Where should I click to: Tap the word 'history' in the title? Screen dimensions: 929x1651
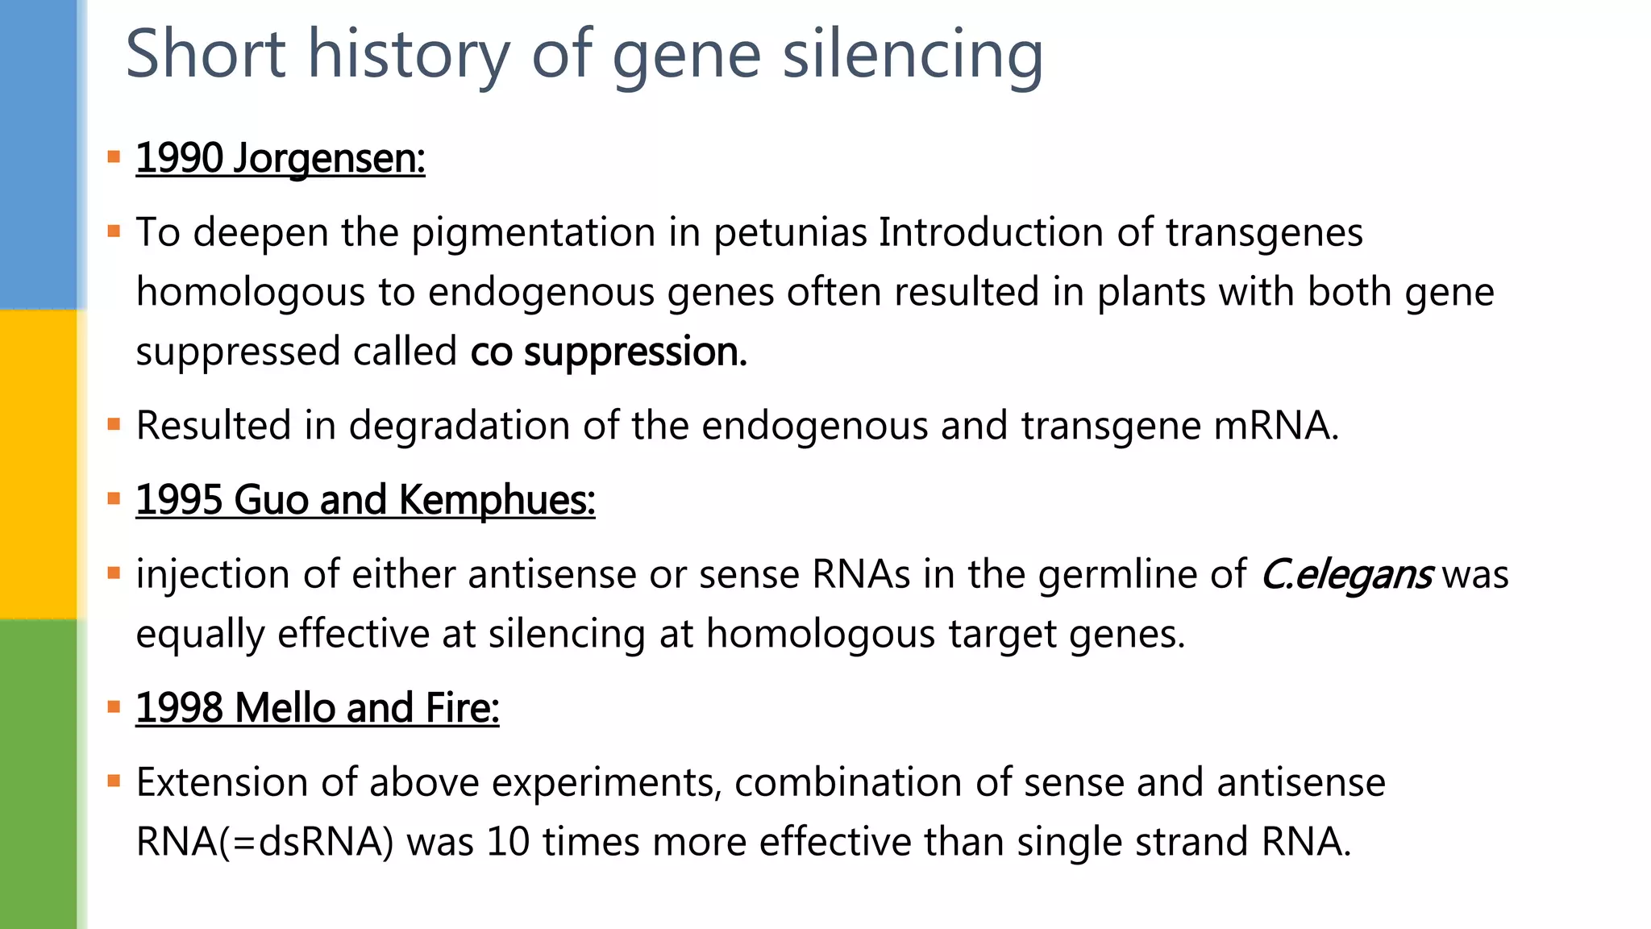(409, 55)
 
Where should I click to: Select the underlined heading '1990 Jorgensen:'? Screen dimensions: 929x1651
(280, 158)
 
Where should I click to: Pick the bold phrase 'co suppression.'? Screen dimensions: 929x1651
(609, 352)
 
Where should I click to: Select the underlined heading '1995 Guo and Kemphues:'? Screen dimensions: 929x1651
(365, 500)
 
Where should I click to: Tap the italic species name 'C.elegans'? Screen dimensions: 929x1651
(1346, 575)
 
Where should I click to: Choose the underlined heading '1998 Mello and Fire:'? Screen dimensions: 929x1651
(317, 708)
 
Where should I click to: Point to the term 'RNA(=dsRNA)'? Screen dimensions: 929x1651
(264, 842)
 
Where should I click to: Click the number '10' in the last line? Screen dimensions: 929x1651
(508, 842)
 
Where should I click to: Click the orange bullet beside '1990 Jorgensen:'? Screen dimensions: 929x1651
(114, 156)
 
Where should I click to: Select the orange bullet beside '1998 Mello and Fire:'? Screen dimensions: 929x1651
(114, 707)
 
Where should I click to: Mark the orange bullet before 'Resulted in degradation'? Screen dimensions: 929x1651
(114, 424)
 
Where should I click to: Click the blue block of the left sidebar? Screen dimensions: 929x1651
(39, 153)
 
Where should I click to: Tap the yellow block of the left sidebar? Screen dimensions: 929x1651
(39, 464)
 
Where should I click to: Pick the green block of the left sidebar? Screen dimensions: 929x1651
(39, 774)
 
